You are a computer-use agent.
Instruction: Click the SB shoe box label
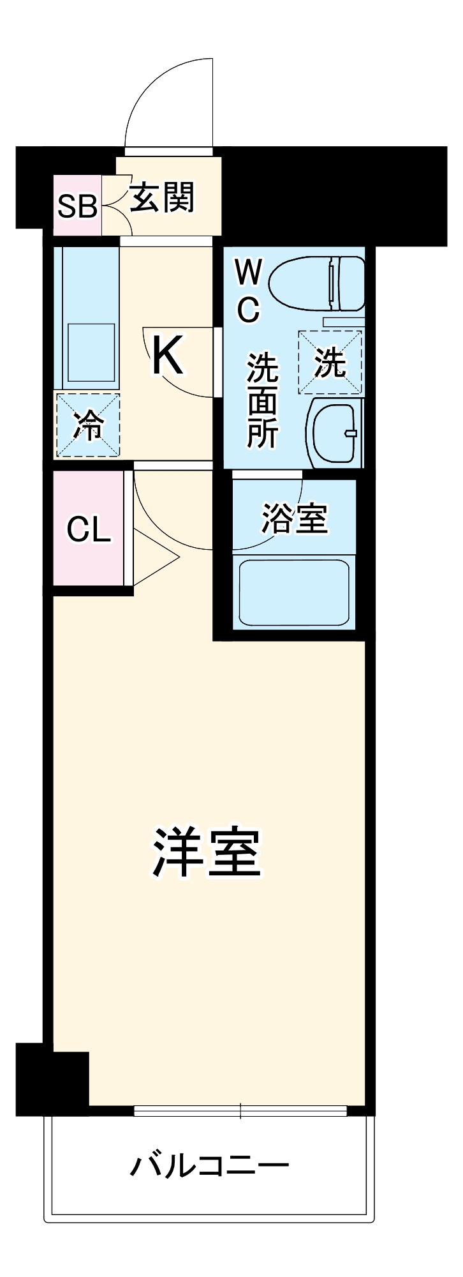pos(77,206)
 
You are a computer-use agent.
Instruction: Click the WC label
pos(248,291)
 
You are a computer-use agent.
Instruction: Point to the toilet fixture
pos(317,283)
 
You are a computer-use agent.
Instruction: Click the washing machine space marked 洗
pos(330,362)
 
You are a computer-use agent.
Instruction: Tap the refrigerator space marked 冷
pos(88,425)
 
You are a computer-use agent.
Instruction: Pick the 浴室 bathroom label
pos(294,518)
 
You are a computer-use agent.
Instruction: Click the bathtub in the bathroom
pos(294,593)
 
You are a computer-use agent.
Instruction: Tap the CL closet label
pos(89,528)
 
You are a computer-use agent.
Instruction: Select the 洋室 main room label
pos(206,852)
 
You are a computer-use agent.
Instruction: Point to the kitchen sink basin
pos(91,352)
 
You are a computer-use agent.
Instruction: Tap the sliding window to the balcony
pos(240,1111)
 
